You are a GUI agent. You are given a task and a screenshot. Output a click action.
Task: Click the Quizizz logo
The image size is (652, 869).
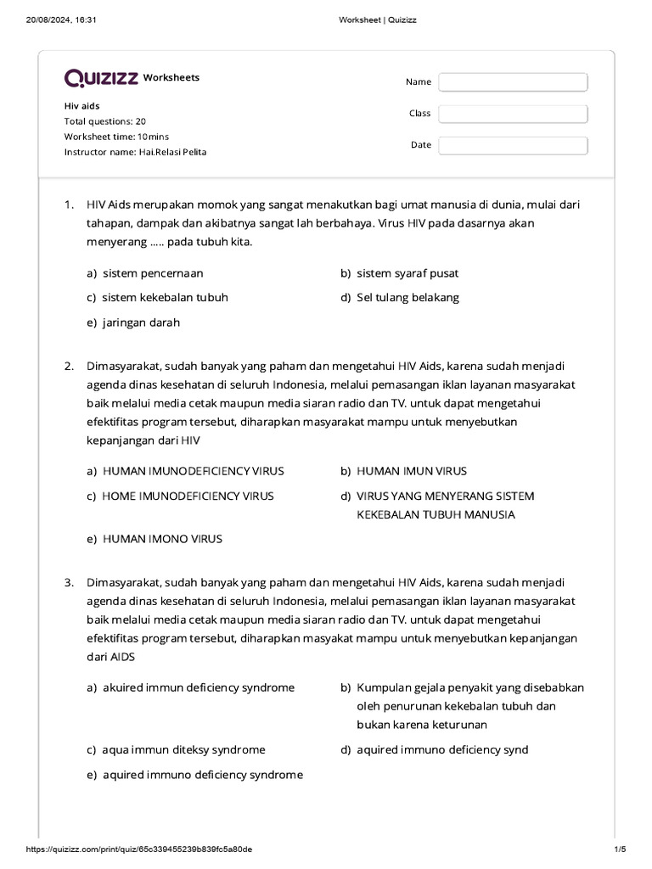101,78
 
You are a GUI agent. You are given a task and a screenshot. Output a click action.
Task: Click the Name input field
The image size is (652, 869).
513,82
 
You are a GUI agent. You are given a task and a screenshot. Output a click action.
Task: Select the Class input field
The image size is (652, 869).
513,114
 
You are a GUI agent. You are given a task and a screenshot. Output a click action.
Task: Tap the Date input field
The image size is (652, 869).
513,145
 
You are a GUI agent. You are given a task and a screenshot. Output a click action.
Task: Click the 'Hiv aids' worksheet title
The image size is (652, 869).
82,106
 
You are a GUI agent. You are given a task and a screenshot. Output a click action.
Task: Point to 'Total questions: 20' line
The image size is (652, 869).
105,121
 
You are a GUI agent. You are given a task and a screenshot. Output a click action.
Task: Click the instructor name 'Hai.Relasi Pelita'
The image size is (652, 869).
172,152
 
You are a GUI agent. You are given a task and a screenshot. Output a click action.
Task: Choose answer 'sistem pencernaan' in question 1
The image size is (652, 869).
153,273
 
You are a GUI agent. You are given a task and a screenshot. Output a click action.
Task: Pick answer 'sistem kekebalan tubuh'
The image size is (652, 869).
165,298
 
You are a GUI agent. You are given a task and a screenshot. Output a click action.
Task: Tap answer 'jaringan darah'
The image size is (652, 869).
141,322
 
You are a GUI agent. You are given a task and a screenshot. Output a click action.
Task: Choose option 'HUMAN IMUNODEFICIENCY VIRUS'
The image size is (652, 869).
193,471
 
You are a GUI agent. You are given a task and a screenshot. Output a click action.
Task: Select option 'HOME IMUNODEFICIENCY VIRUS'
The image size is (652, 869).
188,496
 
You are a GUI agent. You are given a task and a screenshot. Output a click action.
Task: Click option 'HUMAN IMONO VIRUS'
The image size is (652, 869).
162,539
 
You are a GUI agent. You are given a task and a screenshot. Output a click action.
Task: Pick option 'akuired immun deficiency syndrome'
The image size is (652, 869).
199,687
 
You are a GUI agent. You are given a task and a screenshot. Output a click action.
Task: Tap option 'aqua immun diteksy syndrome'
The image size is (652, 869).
183,749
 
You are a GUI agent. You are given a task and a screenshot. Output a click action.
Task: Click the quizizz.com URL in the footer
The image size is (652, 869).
139,849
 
